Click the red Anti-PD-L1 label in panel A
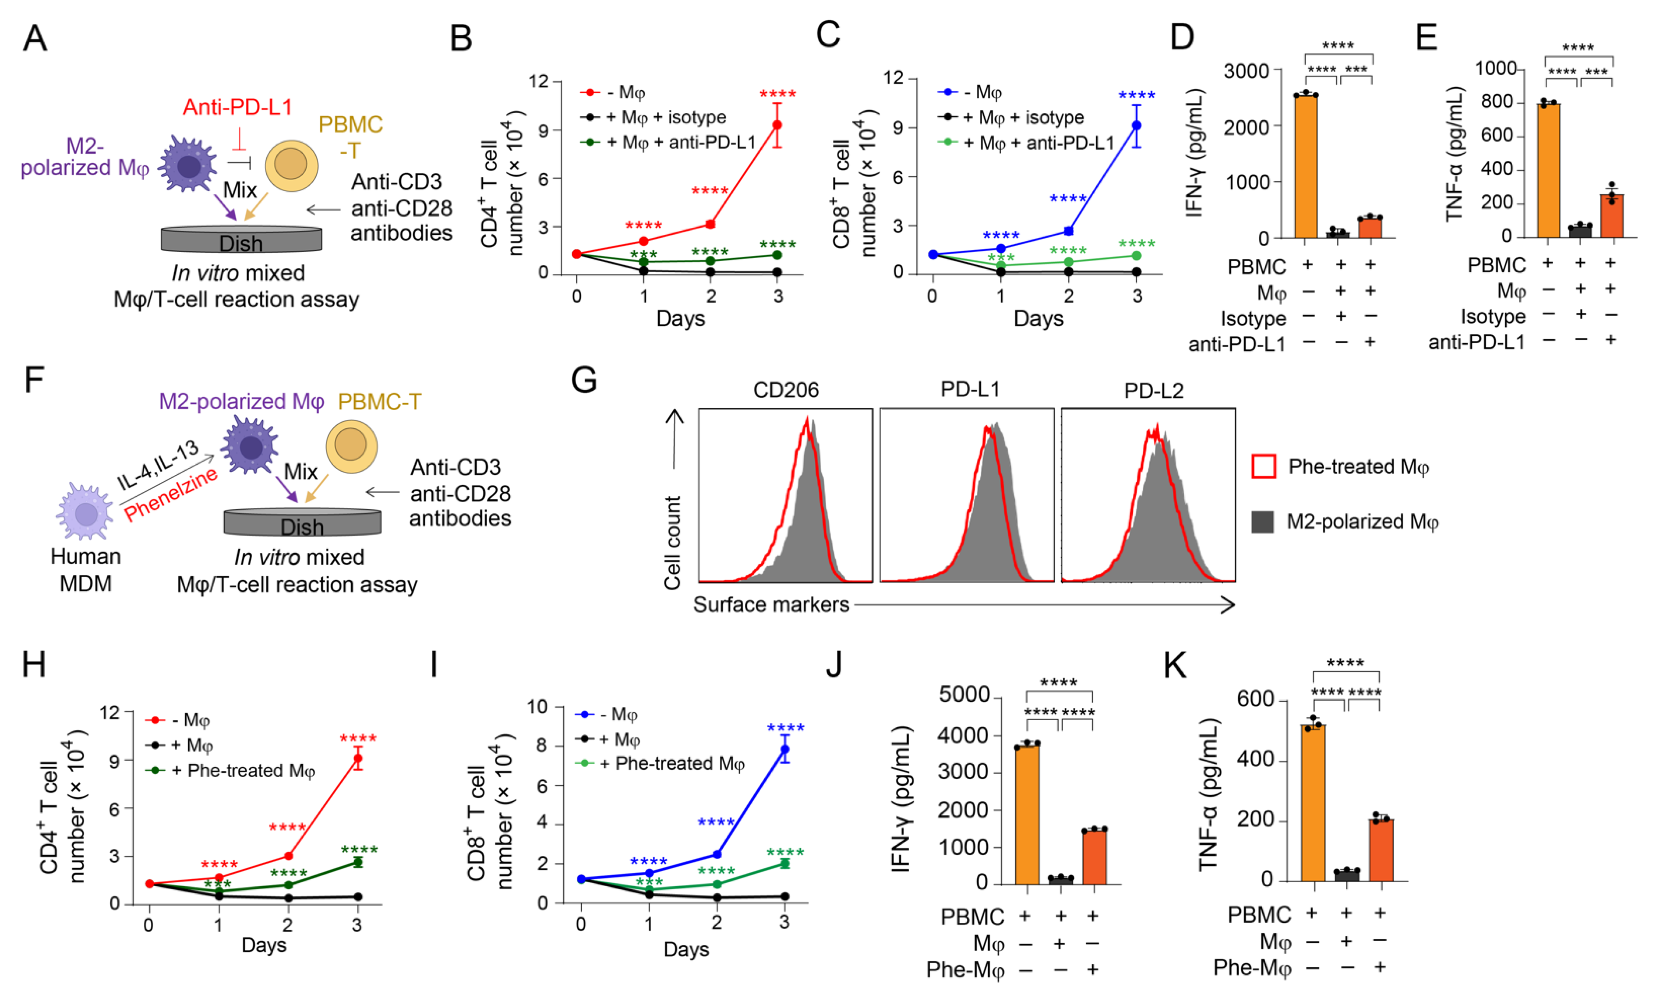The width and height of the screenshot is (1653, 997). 237,107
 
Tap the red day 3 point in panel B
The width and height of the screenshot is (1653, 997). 777,125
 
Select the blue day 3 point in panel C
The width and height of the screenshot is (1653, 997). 1136,126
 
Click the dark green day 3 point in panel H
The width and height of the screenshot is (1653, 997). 358,862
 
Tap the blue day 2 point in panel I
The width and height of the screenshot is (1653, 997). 716,854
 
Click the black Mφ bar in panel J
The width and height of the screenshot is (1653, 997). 1060,880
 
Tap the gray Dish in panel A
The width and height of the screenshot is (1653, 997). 241,240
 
